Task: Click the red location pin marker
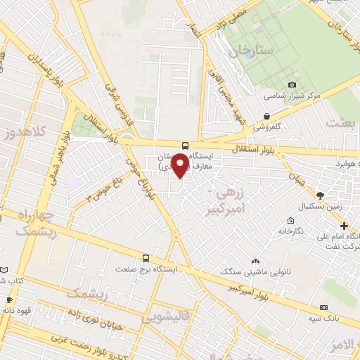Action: pyautogui.click(x=181, y=165)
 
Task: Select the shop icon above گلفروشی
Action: pyautogui.click(x=266, y=117)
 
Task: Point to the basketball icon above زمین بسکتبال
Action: pyautogui.click(x=320, y=195)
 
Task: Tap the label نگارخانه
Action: pyautogui.click(x=290, y=231)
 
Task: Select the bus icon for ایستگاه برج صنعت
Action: pyautogui.click(x=146, y=258)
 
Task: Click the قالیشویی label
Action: pyautogui.click(x=166, y=317)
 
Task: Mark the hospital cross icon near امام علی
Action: pyautogui.click(x=343, y=226)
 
